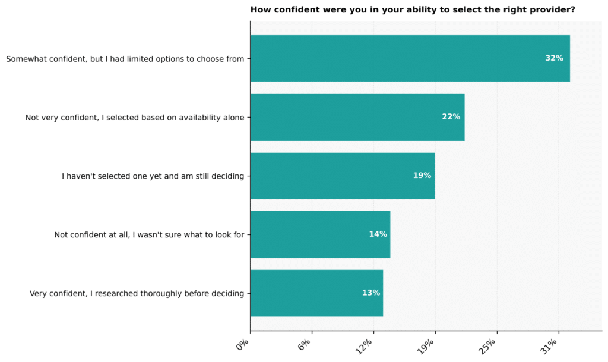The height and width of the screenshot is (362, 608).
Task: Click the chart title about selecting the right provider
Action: pyautogui.click(x=413, y=9)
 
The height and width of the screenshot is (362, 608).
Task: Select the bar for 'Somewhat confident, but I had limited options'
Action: pyautogui.click(x=410, y=59)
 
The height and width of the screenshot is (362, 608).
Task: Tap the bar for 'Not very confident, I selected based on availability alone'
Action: pyautogui.click(x=357, y=117)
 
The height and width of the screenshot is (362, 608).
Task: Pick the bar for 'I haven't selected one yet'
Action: pyautogui.click(x=343, y=176)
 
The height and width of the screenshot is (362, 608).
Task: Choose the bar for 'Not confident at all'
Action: pyautogui.click(x=320, y=234)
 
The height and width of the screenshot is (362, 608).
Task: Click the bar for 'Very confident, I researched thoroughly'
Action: pyautogui.click(x=317, y=293)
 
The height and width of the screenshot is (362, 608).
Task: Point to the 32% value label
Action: pyautogui.click(x=554, y=58)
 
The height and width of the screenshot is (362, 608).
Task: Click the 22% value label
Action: pyautogui.click(x=451, y=117)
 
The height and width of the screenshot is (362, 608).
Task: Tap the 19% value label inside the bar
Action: pyautogui.click(x=422, y=176)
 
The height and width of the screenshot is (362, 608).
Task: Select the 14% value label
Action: pyautogui.click(x=378, y=234)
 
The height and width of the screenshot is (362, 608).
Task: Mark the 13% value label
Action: pyautogui.click(x=370, y=293)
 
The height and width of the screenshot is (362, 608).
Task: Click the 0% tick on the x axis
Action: pyautogui.click(x=243, y=344)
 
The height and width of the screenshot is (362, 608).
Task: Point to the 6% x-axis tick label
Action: pyautogui.click(x=305, y=344)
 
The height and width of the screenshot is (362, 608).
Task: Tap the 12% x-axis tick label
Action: pyautogui.click(x=364, y=347)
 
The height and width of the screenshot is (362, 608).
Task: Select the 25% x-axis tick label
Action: pyautogui.click(x=487, y=347)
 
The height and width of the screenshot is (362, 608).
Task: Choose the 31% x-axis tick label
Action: pyautogui.click(x=549, y=347)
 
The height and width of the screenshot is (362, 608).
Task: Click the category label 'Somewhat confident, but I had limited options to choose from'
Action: pyautogui.click(x=125, y=59)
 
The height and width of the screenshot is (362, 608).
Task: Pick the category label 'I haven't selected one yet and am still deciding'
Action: pyautogui.click(x=153, y=176)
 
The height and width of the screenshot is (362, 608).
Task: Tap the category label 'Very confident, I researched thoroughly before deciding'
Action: pyautogui.click(x=137, y=294)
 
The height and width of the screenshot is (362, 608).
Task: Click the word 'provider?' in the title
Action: pyautogui.click(x=555, y=9)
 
